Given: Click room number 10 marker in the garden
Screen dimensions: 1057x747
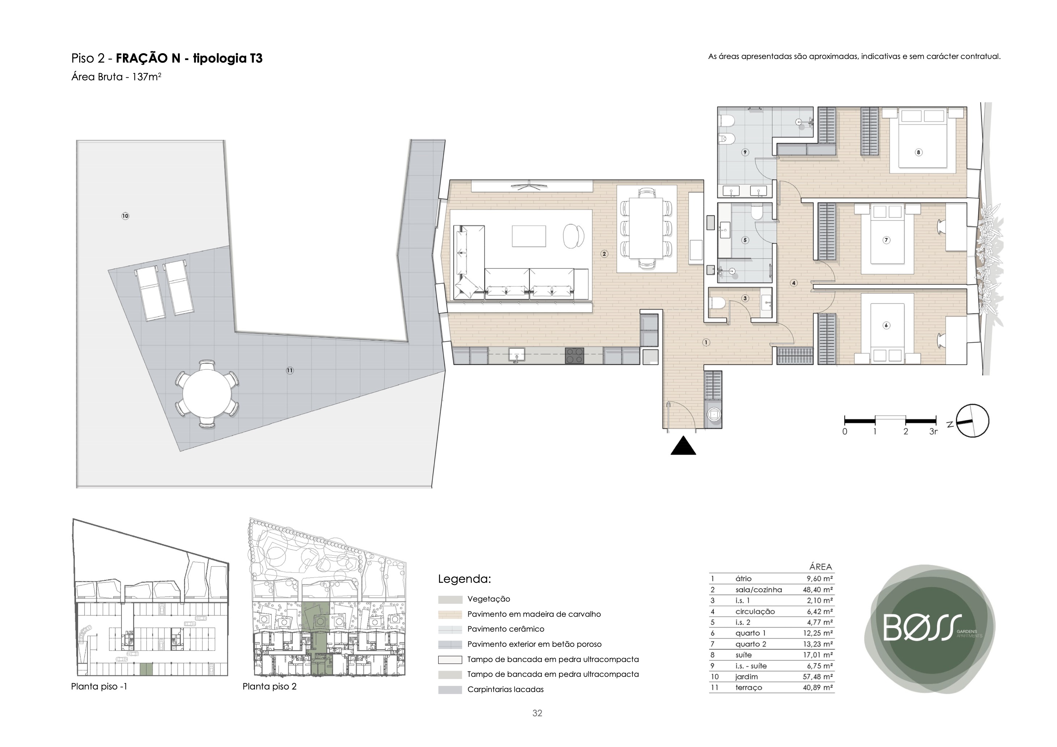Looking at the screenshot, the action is click(x=125, y=216).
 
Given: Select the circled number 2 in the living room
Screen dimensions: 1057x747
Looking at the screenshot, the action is click(x=605, y=254).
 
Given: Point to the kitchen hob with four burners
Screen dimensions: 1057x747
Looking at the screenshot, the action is click(x=575, y=356).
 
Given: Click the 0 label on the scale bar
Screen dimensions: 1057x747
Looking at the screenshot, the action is click(x=845, y=432).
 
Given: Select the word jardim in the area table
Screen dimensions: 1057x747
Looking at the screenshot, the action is click(x=747, y=677).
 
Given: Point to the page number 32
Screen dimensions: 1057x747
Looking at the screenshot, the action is click(x=537, y=713).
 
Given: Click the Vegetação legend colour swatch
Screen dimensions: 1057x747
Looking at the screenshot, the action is click(x=450, y=600).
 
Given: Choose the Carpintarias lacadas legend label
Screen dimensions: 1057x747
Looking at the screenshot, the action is click(x=506, y=689).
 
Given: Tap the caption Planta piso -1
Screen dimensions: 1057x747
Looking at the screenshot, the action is click(x=99, y=687).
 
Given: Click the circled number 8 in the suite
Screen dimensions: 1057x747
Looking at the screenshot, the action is click(x=919, y=152).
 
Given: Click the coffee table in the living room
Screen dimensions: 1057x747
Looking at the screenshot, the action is click(x=529, y=236).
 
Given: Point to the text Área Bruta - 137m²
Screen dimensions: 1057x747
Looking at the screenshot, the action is click(x=116, y=77).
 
